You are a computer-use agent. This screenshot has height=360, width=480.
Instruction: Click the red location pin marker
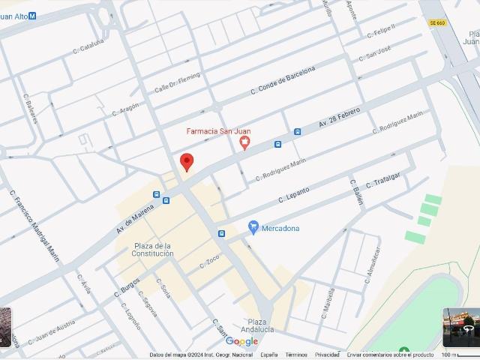click(187, 161)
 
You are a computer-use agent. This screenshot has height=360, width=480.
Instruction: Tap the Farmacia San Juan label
click(218, 131)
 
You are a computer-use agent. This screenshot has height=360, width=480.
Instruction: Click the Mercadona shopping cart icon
click(253, 227)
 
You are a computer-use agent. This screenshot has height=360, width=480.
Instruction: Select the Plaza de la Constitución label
click(154, 250)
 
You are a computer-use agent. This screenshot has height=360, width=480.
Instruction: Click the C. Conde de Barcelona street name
click(283, 82)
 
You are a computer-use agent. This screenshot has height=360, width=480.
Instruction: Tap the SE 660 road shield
click(437, 23)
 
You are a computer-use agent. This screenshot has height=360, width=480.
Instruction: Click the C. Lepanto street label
click(294, 195)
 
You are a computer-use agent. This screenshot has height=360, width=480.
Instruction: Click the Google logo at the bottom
click(241, 342)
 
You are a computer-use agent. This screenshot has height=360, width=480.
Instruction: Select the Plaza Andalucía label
click(257, 325)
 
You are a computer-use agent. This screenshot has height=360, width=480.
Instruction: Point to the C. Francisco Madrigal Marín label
click(35, 225)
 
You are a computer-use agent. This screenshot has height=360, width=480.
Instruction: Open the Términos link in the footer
click(296, 355)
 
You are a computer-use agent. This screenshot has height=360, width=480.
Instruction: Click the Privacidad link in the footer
click(327, 355)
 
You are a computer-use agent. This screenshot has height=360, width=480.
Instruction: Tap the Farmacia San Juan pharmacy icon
click(244, 144)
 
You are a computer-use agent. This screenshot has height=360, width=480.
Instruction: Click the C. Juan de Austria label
click(52, 332)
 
